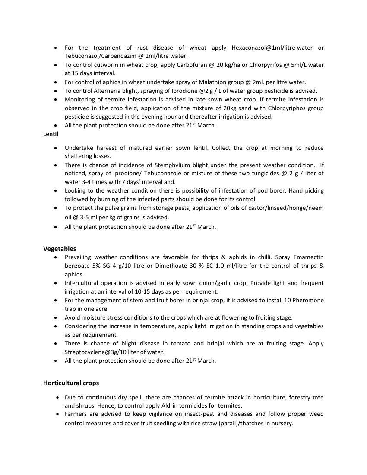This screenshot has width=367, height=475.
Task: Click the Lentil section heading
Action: [x=51, y=134]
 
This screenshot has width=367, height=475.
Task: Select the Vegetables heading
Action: [x=60, y=249]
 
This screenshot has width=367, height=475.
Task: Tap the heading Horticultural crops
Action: [x=71, y=383]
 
